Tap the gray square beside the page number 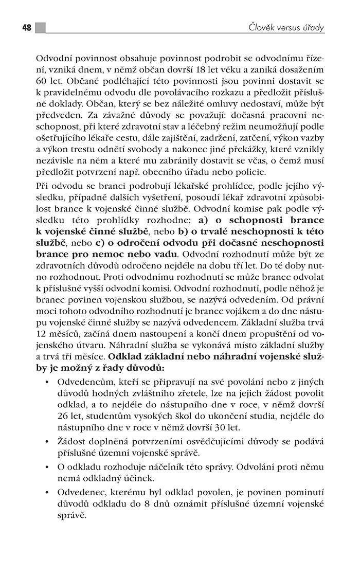(x=40, y=28)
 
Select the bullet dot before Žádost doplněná (x=47, y=443)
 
